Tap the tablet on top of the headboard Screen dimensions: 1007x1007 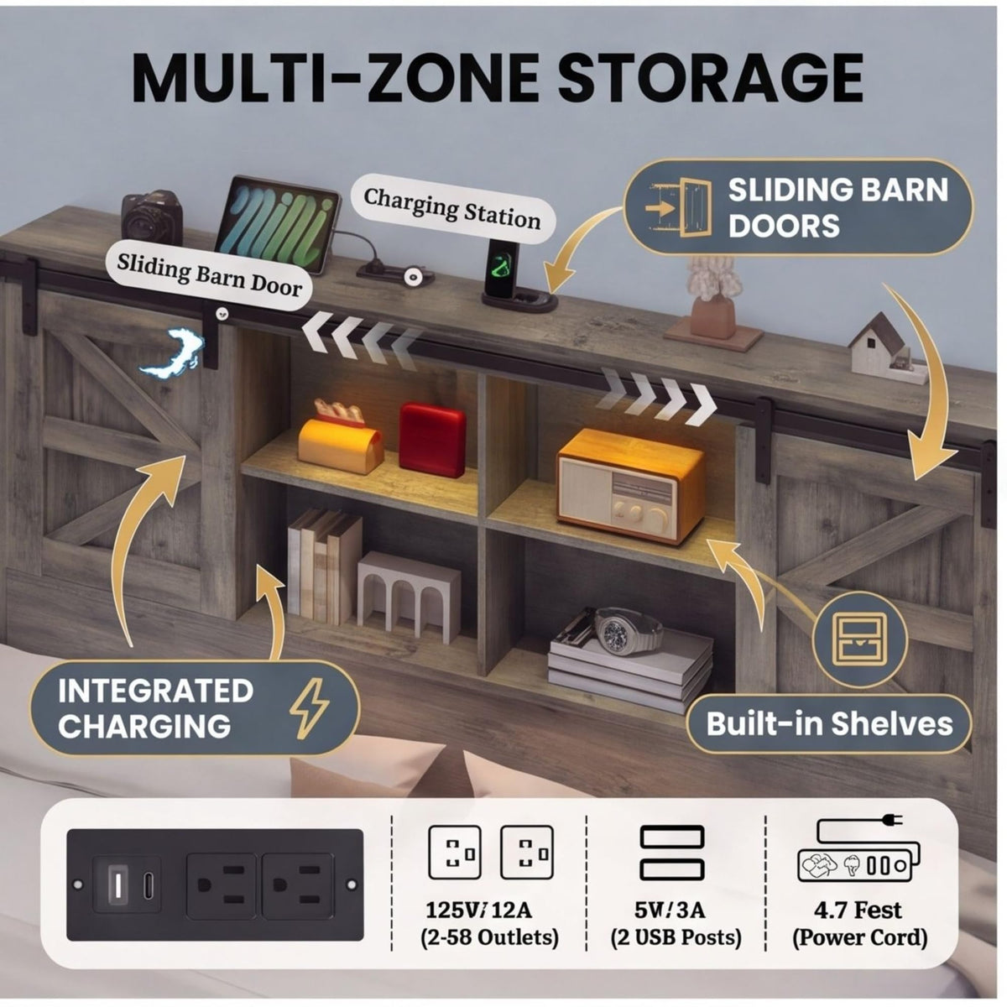278,224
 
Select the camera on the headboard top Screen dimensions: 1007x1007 150,217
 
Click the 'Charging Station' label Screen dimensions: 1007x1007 452,209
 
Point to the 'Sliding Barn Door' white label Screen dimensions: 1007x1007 209,275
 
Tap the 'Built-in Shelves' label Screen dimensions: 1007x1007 829,723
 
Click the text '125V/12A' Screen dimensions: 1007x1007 478,910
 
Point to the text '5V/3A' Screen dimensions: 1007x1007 670,910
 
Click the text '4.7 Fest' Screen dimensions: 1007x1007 858,910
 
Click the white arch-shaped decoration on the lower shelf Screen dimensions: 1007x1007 409,597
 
